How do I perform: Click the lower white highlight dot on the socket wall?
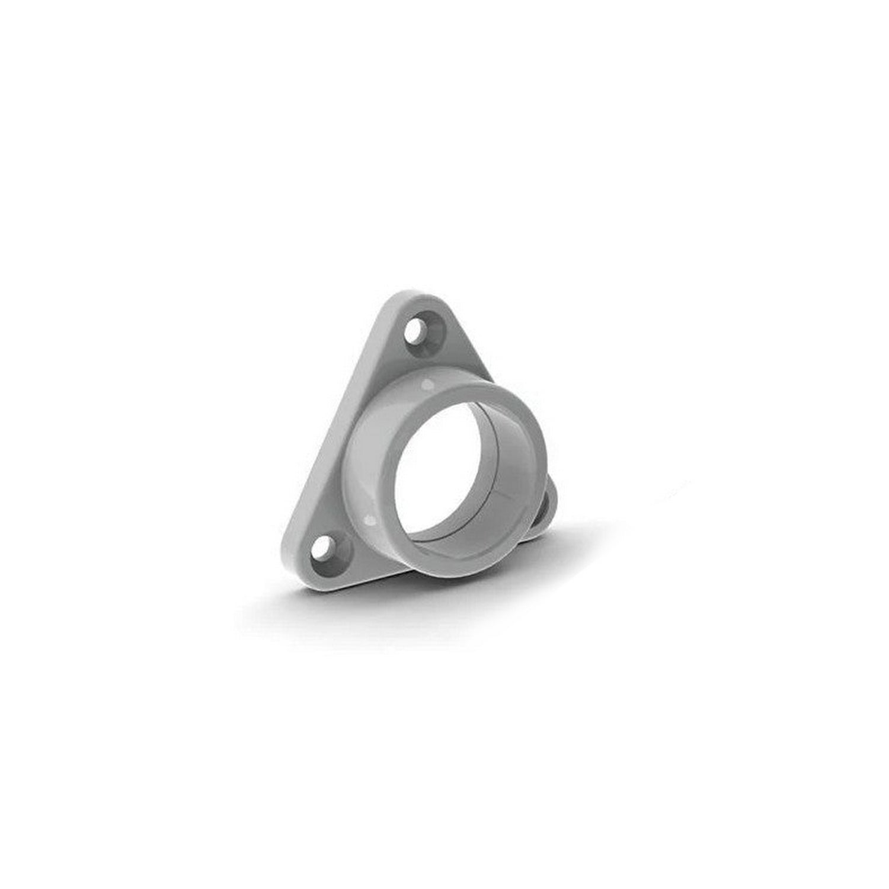(x=370, y=520)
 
